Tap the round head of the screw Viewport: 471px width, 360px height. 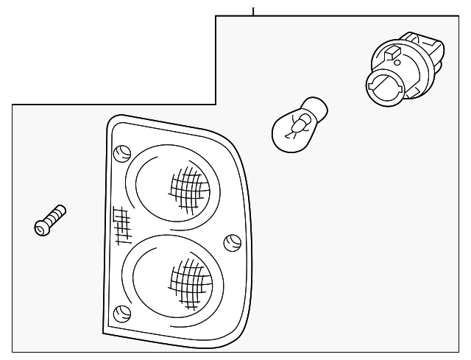[x=42, y=227]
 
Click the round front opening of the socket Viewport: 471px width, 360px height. [x=385, y=87]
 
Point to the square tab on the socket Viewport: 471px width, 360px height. [x=392, y=52]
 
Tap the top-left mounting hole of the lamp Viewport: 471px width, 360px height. [x=122, y=154]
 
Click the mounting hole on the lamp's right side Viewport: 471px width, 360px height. [x=231, y=241]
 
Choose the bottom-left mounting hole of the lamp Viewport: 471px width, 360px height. [x=123, y=313]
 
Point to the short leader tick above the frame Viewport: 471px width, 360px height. [x=252, y=11]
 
